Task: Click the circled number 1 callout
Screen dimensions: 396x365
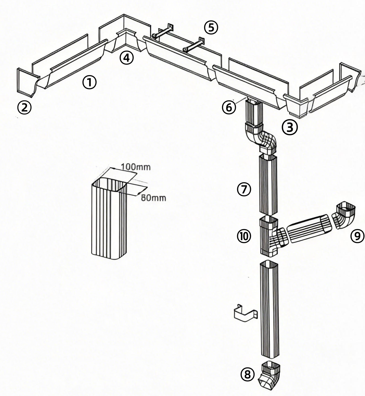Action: click(x=89, y=82)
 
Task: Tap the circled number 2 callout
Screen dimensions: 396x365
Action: click(x=24, y=108)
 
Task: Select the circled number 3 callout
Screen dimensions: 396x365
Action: click(x=290, y=128)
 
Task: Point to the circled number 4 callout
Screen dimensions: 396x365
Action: click(x=126, y=58)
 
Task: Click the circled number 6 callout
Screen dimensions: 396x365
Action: click(x=229, y=108)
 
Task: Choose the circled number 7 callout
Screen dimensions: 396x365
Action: click(x=244, y=189)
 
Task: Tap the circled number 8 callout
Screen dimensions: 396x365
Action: click(x=247, y=375)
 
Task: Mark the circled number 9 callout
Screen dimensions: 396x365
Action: click(x=357, y=236)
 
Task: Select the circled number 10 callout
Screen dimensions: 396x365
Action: click(x=244, y=236)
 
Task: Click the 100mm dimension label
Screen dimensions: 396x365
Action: click(x=136, y=167)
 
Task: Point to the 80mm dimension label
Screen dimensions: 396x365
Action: click(x=153, y=198)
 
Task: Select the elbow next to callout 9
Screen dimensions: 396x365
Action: click(x=344, y=215)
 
